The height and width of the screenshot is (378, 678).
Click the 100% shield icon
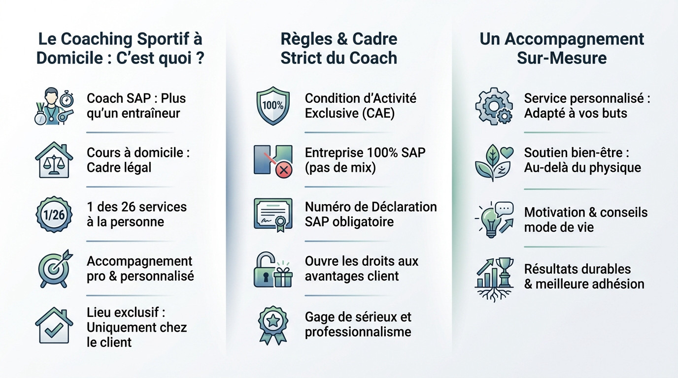273,105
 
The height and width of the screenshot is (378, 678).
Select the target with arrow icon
55,268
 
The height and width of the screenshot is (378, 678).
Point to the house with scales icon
54,159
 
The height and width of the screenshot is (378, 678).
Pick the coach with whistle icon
54,105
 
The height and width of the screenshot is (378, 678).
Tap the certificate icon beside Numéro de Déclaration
273,214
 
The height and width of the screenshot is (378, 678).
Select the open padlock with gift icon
273,269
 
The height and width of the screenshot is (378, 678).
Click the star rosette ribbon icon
273,325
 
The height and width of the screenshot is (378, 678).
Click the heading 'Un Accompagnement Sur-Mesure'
562,48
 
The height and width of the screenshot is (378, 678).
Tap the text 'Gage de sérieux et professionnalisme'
358,324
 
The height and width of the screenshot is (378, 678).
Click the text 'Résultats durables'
577,269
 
